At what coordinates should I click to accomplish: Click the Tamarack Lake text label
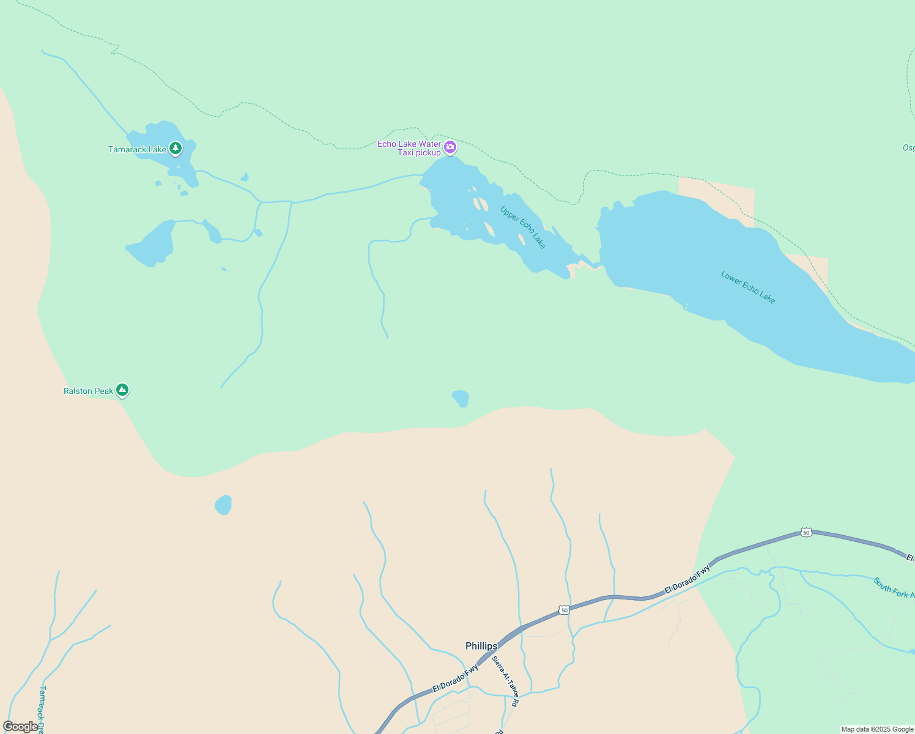(137, 149)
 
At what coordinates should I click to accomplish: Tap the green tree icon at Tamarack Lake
(176, 148)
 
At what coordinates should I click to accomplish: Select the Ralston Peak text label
(88, 391)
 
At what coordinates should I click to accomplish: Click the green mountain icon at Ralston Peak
(122, 389)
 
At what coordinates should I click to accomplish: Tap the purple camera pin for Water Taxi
(450, 147)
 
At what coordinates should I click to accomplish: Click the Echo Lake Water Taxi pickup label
(409, 148)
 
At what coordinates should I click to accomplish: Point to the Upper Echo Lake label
(522, 227)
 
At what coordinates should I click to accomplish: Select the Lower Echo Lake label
(748, 287)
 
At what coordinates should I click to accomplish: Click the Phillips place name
(481, 646)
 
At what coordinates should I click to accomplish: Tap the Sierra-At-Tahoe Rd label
(506, 681)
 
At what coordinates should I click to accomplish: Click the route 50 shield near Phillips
(564, 610)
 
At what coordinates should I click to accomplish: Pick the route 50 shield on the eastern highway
(806, 533)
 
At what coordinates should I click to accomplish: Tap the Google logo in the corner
(20, 727)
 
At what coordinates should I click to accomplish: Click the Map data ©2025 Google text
(877, 729)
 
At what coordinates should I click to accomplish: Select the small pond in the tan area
(223, 505)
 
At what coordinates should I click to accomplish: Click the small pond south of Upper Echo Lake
(461, 398)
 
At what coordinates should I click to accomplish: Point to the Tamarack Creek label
(42, 708)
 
